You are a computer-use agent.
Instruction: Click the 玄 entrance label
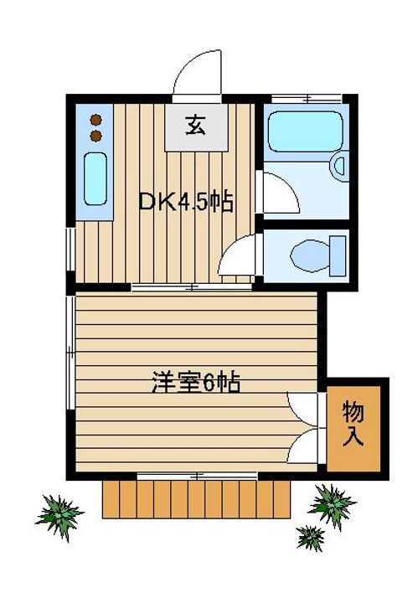point(195,126)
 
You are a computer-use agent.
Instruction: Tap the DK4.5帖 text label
point(185,202)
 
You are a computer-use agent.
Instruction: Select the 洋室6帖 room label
point(196,384)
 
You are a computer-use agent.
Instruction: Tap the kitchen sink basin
point(95,179)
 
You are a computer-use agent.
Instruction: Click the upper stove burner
point(95,118)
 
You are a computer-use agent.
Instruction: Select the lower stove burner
point(95,134)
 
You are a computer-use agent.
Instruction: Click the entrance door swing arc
point(197,72)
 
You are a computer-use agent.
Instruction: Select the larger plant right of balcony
point(332,503)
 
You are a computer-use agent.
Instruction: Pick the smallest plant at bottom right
point(311,536)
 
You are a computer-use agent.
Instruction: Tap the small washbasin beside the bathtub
point(338,167)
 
